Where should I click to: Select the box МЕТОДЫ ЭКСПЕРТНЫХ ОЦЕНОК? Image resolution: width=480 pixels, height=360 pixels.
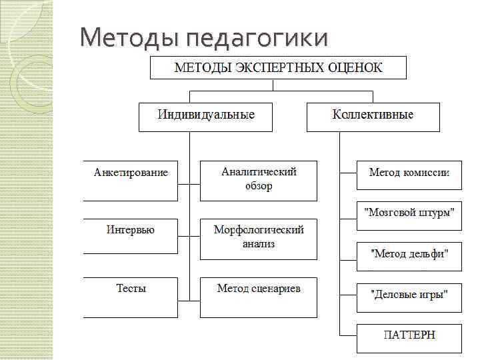click(x=279, y=67)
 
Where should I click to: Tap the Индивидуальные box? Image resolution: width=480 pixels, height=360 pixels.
click(x=206, y=116)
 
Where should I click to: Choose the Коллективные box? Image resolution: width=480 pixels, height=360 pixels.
click(x=373, y=116)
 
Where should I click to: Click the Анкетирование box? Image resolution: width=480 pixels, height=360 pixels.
click(x=131, y=180)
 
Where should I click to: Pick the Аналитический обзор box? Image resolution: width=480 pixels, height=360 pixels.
click(x=259, y=180)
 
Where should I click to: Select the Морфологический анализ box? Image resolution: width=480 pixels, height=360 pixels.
click(x=259, y=238)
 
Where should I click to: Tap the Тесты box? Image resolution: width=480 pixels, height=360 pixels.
click(x=131, y=297)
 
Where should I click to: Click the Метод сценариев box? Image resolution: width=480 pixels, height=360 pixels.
click(x=259, y=297)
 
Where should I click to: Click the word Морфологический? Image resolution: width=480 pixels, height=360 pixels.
click(x=259, y=231)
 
